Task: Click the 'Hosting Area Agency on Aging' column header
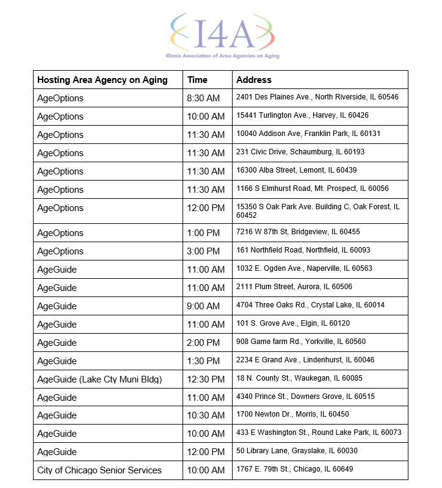tap(102, 80)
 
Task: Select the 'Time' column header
tap(198, 80)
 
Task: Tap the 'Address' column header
tap(254, 80)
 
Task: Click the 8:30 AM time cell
tap(203, 98)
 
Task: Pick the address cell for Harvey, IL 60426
tap(302, 115)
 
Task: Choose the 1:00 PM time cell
tap(203, 233)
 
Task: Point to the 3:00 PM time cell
tap(203, 251)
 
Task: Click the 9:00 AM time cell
tap(203, 306)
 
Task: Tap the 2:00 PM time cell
tap(203, 343)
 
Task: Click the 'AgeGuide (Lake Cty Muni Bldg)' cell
tap(100, 379)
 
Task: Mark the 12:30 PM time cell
tap(206, 379)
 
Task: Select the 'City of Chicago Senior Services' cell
tap(100, 470)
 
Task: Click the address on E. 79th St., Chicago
tap(294, 469)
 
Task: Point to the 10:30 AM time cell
tap(206, 415)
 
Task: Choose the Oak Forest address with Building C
tap(317, 210)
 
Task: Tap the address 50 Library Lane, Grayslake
tap(297, 451)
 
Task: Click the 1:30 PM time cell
tap(203, 361)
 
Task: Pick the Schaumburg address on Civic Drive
tap(300, 152)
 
